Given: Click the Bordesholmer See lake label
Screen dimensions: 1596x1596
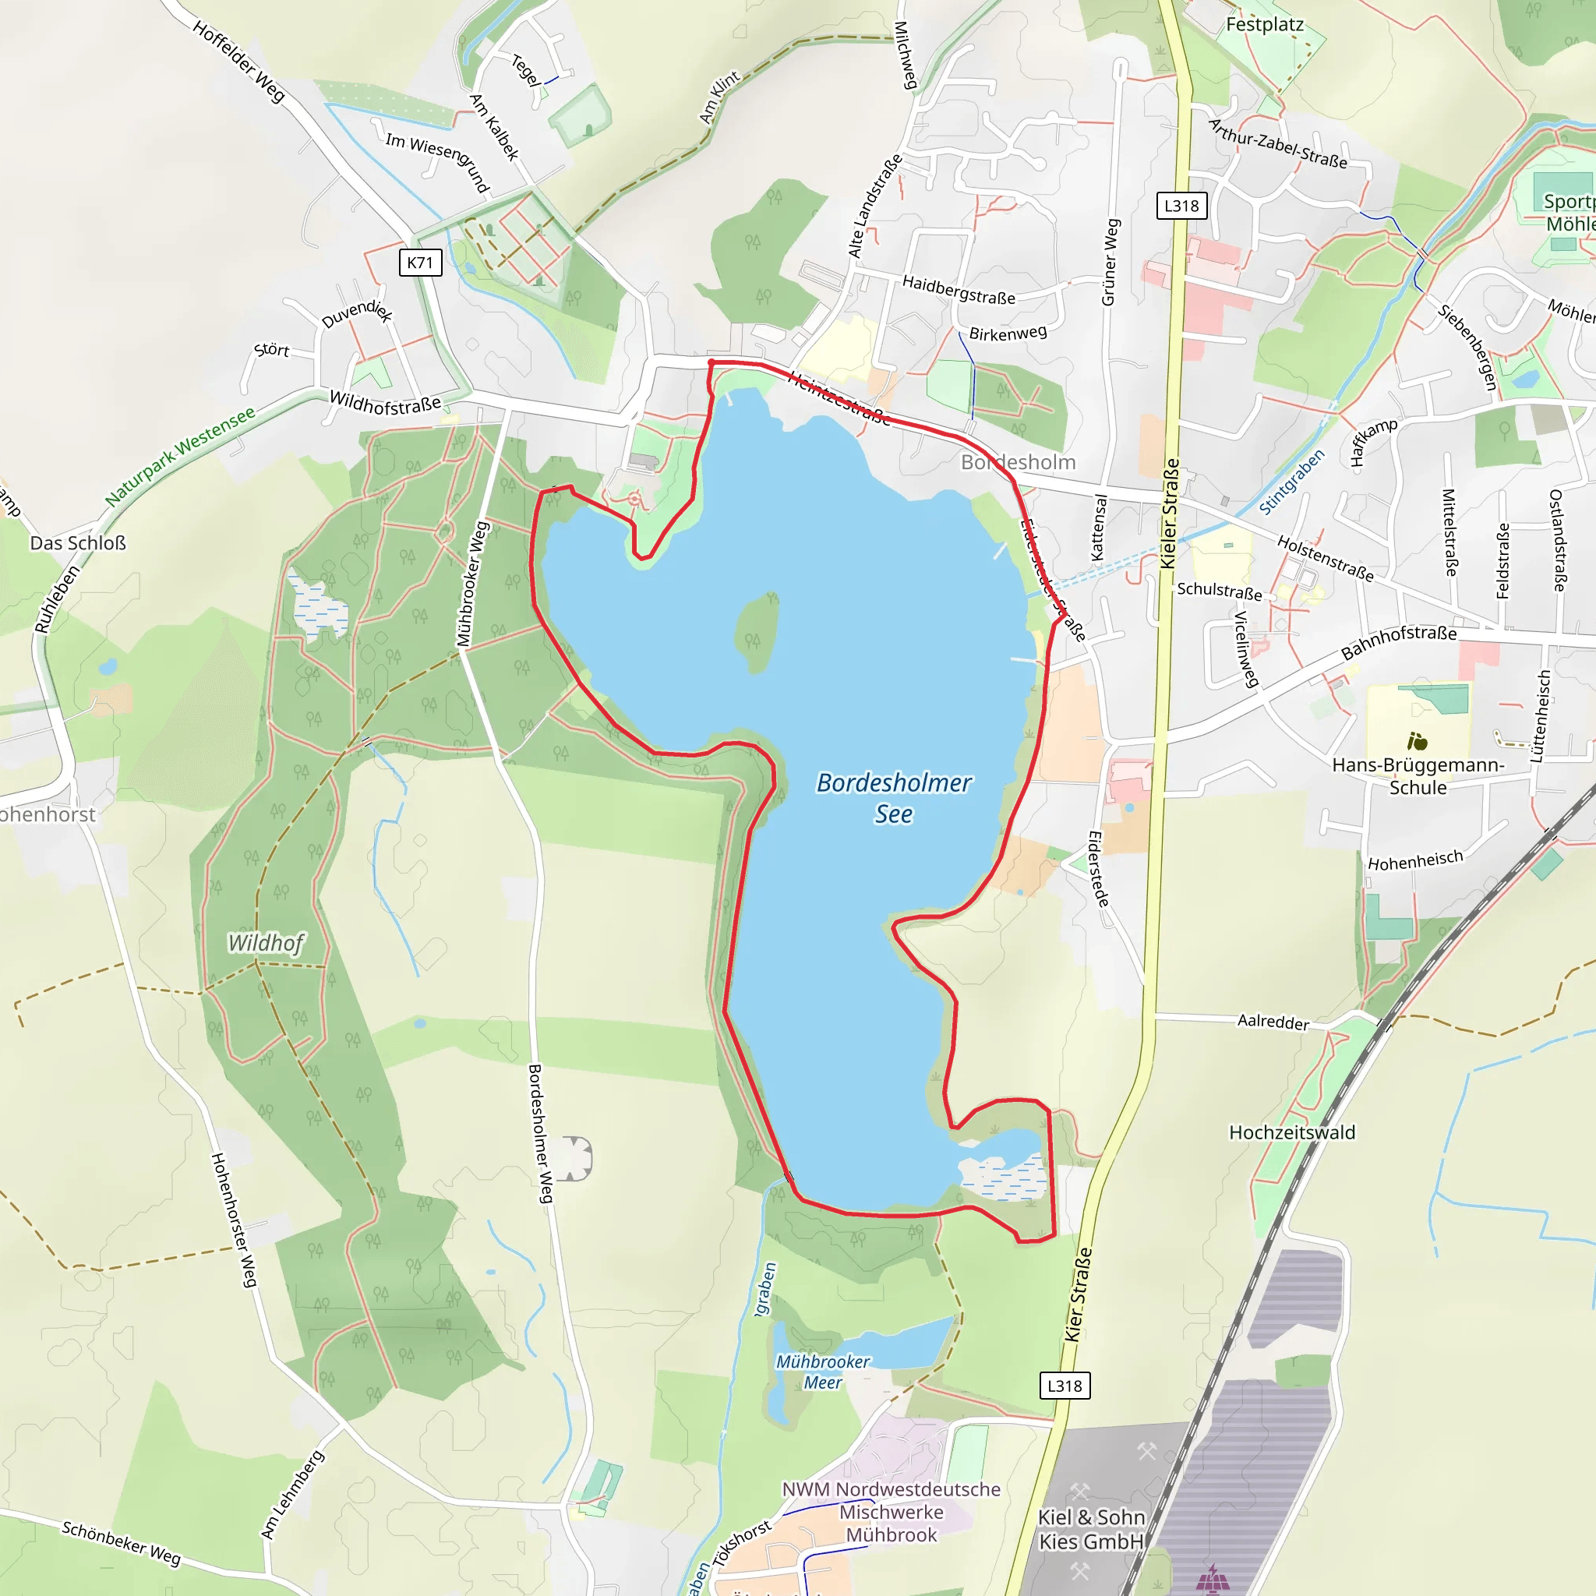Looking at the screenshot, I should click(x=893, y=798).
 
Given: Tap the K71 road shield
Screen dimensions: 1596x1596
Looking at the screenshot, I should click(x=420, y=263).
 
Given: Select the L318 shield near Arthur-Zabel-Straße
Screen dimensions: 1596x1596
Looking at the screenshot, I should click(x=1181, y=206).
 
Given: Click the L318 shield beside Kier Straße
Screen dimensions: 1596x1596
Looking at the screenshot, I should click(x=1064, y=1386).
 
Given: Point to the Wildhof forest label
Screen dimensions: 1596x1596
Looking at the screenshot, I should click(x=266, y=943).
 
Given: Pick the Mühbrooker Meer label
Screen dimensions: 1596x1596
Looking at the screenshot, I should click(x=823, y=1372).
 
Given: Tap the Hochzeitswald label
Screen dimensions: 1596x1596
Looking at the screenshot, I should click(x=1292, y=1132).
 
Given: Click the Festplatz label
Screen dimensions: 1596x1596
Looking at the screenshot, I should click(x=1264, y=25).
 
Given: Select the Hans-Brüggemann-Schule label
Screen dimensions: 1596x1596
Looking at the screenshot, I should click(x=1418, y=775).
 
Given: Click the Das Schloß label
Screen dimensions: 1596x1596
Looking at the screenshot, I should click(x=78, y=542).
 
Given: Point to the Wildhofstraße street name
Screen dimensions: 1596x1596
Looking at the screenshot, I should click(x=385, y=403).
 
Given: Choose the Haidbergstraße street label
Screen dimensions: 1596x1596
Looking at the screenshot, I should click(x=959, y=290).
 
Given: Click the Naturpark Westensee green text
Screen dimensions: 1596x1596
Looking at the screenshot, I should click(x=180, y=457).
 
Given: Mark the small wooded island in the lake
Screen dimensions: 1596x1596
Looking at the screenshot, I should click(x=756, y=633).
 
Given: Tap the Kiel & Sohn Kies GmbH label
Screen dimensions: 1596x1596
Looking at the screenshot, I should click(x=1091, y=1529).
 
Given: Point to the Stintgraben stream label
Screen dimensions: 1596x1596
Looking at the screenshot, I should click(x=1291, y=481).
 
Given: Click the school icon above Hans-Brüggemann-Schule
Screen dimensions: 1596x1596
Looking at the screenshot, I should click(x=1418, y=741).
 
